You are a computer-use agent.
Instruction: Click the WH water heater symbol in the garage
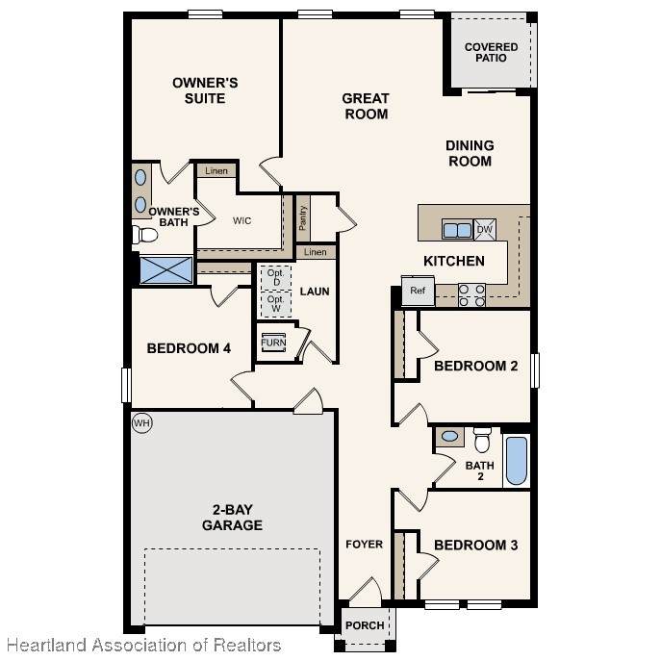pos(142,422)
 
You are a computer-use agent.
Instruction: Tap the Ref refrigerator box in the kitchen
pos(418,291)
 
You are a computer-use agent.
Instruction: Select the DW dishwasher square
pos(485,230)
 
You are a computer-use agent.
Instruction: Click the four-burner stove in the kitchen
pos(471,295)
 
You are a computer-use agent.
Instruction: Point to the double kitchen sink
pos(457,230)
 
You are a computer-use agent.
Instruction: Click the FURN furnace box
pos(273,343)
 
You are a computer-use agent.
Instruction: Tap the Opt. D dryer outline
pos(276,278)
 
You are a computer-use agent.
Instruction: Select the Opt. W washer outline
pos(276,304)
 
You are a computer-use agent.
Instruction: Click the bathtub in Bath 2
pos(517,461)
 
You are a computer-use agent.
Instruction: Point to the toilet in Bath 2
pos(482,440)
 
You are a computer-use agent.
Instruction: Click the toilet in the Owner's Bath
pos(144,235)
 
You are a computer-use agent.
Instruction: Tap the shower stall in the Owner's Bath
pos(166,269)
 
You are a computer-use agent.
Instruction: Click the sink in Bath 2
pos(449,437)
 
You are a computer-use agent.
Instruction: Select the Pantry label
pos(302,218)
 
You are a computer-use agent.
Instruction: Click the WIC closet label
pos(242,220)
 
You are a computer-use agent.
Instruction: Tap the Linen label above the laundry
pos(316,252)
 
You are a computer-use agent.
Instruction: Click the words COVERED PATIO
pos(491,52)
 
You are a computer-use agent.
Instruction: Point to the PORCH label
pos(365,625)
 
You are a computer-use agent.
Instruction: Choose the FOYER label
pos(365,545)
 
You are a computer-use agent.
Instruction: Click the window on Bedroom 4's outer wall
pos(126,385)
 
